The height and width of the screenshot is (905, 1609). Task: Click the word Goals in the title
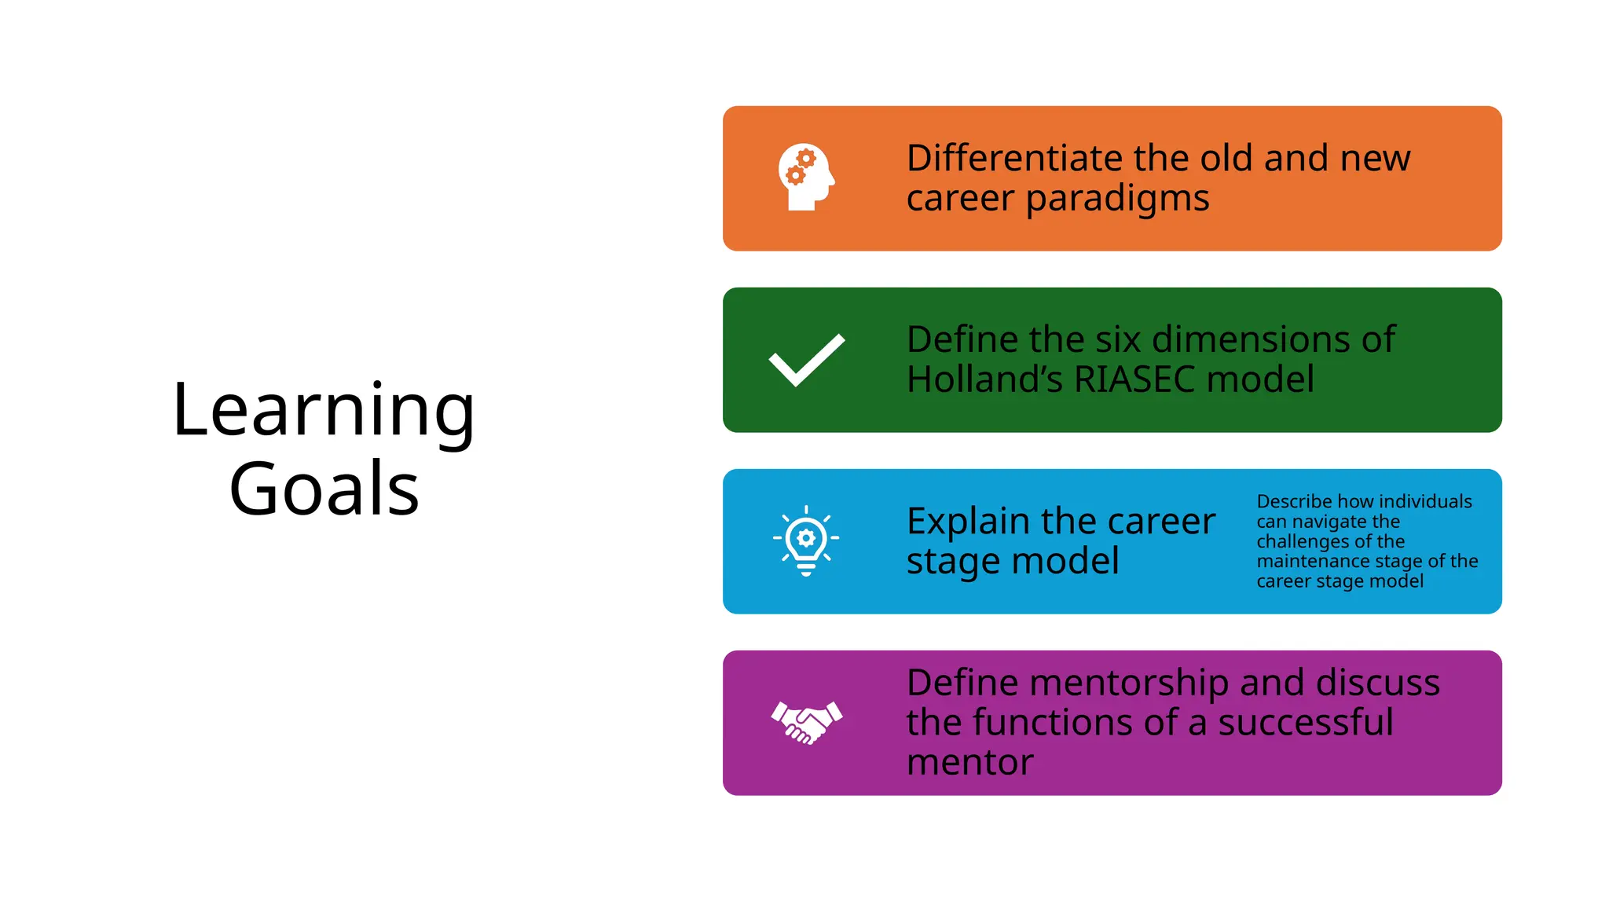[324, 489]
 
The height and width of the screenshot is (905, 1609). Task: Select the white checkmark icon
[806, 360]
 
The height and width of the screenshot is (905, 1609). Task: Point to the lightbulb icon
[806, 540]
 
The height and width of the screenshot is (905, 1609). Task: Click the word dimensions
[1252, 339]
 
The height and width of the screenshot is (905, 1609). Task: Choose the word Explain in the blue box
[969, 522]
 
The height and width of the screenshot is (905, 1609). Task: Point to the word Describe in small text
[1293, 502]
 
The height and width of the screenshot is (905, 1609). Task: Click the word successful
[1306, 723]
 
